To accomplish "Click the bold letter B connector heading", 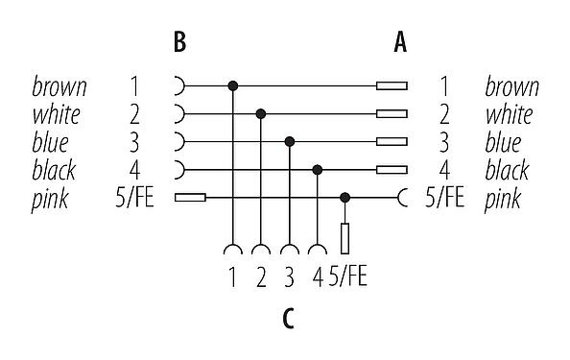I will click(178, 42).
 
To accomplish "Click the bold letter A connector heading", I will click(399, 42).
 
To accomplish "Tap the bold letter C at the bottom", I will click(288, 318).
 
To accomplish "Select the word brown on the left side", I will click(59, 87).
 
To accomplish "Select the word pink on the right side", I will click(503, 199).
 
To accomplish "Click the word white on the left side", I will click(57, 115).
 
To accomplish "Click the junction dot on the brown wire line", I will click(232, 86).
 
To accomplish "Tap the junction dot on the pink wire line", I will click(345, 198).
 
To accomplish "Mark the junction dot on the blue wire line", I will click(289, 142).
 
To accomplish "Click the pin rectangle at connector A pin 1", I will click(392, 86).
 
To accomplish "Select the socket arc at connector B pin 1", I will click(179, 86).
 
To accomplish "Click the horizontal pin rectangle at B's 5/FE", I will click(190, 198).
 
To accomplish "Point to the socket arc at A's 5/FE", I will click(403, 198).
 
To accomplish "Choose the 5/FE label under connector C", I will click(347, 278).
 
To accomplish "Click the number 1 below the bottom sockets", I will click(232, 278).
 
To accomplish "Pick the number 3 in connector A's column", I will click(444, 143).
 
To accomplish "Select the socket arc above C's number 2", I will click(261, 252).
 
